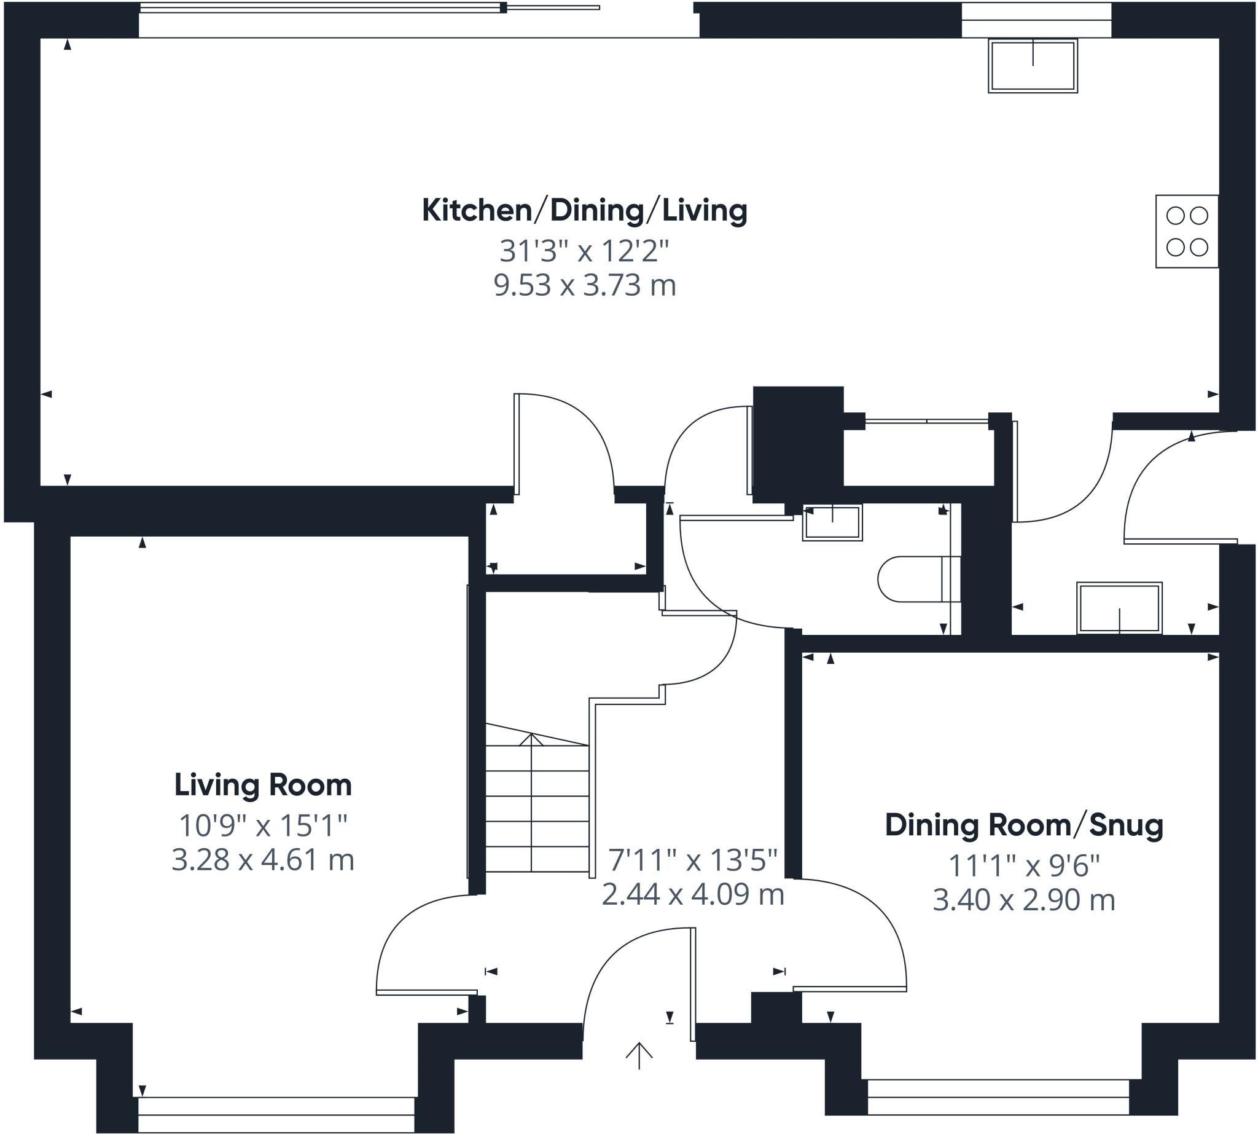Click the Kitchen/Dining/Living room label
point(585,211)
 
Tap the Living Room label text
point(263,784)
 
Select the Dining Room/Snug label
point(1025,825)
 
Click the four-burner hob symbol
point(1187,231)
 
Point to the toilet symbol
point(919,579)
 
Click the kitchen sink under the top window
point(1033,66)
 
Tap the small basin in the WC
point(832,522)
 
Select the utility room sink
point(1119,608)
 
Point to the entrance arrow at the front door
point(639,1055)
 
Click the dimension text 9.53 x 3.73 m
point(585,285)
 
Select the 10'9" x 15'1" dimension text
point(263,825)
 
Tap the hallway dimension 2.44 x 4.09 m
point(692,895)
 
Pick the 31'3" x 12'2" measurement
point(584,251)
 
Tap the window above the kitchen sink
point(1036,20)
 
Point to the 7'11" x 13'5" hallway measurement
point(692,860)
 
